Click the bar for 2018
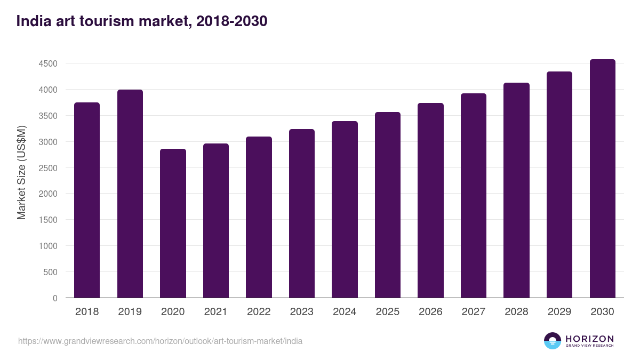pos(87,200)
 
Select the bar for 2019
pos(130,194)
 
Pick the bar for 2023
pos(302,213)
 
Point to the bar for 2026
pos(430,200)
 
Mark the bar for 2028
pos(516,190)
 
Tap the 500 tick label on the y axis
pos(51,272)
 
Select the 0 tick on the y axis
pos(55,298)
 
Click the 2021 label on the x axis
pos(216,312)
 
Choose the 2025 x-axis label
pos(388,312)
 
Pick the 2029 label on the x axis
pos(559,312)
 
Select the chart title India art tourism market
pos(142,21)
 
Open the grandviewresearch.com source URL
pos(160,341)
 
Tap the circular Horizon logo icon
pos(553,341)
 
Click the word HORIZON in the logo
pos(589,338)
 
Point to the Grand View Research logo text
pos(589,346)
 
